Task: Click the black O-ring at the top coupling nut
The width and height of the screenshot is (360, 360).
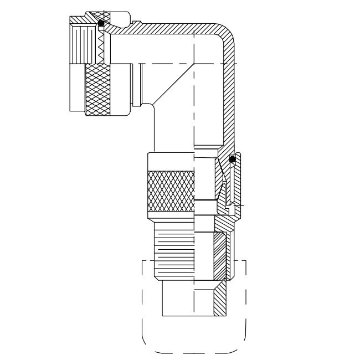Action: click(101, 24)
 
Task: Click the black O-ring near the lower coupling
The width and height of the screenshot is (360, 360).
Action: click(233, 160)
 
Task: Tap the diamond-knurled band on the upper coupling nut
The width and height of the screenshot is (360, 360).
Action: click(97, 89)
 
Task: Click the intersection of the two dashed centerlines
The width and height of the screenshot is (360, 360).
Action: click(194, 64)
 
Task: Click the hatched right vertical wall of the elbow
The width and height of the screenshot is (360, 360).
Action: click(227, 100)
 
